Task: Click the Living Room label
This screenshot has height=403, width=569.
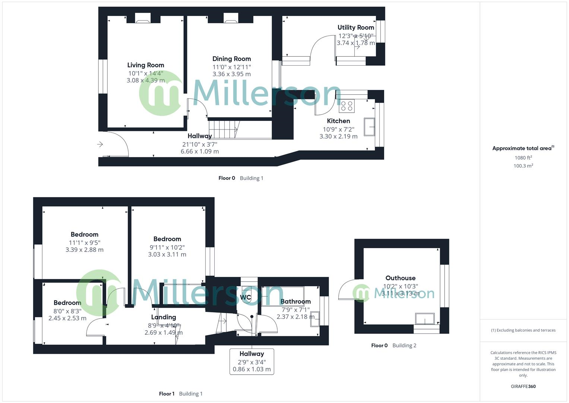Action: [145, 65]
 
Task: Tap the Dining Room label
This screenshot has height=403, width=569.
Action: [231, 59]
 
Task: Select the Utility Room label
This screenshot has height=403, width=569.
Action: [355, 27]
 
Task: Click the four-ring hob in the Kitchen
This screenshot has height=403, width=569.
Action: [347, 106]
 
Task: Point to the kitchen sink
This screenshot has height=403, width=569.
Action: [370, 127]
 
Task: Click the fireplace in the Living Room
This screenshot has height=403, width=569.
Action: [142, 19]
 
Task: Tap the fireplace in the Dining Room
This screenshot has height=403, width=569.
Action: [230, 19]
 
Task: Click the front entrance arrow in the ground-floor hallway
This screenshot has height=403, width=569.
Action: [100, 144]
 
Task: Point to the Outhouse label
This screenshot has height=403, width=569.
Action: [400, 278]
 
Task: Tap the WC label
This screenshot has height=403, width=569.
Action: [246, 297]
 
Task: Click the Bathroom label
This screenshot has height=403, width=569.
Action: [295, 302]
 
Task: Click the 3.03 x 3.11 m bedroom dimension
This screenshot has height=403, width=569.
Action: [167, 254]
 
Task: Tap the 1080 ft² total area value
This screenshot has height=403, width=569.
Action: [523, 158]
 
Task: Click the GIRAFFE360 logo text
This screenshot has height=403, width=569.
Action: [523, 387]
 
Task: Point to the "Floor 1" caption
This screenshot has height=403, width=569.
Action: [167, 394]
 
